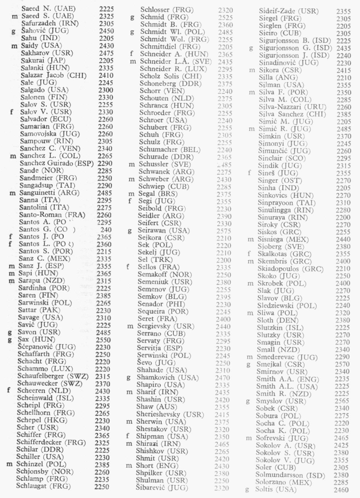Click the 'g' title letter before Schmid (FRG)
pyautogui.click(x=132, y=16)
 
